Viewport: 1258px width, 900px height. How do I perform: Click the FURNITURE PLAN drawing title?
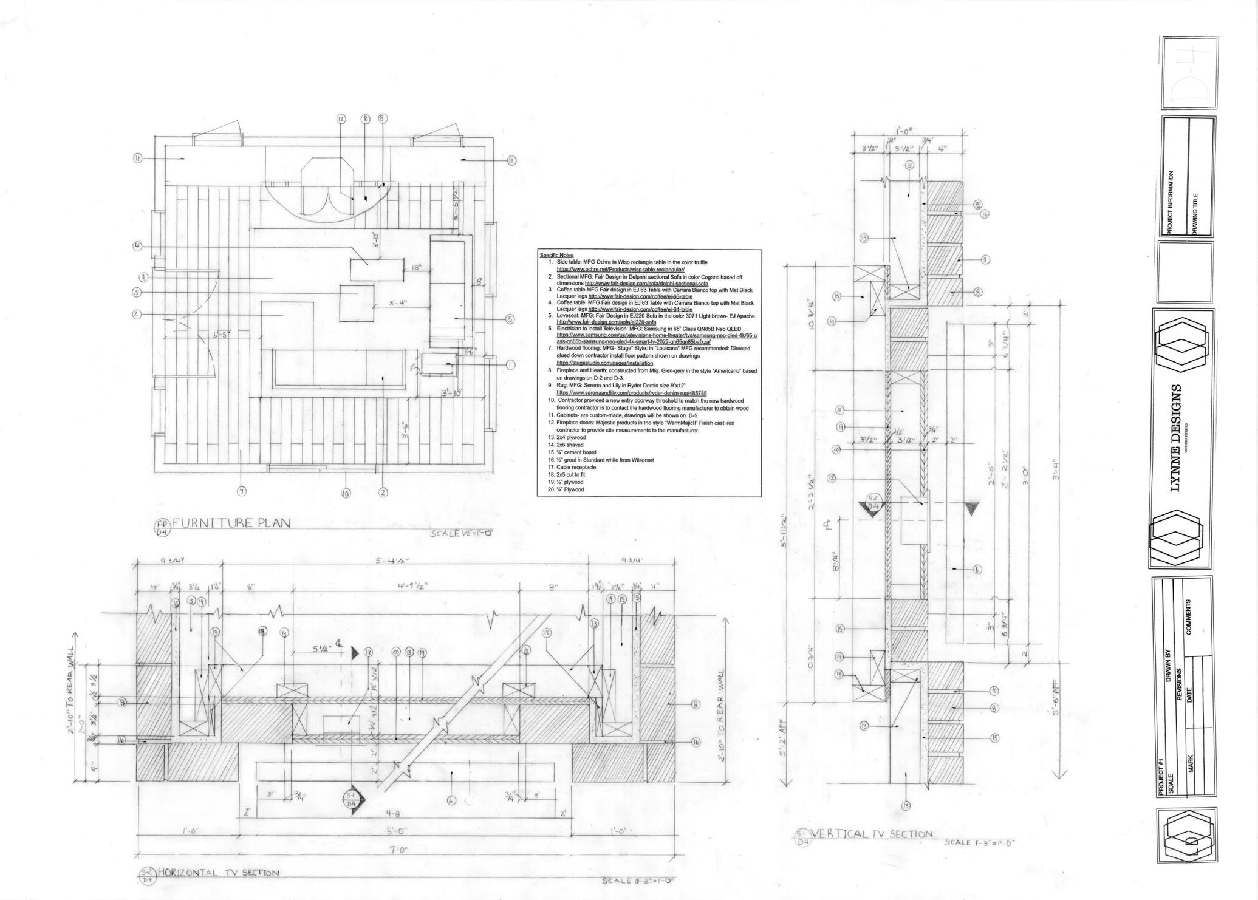[x=231, y=522]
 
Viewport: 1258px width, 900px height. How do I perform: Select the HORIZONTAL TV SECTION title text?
[x=218, y=873]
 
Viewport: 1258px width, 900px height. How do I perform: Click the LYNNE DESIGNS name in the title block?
[x=1176, y=437]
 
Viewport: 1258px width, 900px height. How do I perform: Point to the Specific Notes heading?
[x=556, y=255]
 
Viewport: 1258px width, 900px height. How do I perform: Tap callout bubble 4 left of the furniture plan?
[x=137, y=246]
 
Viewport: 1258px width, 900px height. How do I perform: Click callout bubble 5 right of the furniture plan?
[x=509, y=319]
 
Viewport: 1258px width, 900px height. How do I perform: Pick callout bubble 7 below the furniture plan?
[x=241, y=491]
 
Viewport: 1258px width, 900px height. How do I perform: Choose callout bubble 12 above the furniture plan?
[x=341, y=119]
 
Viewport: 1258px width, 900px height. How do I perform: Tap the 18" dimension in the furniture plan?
[x=416, y=268]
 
